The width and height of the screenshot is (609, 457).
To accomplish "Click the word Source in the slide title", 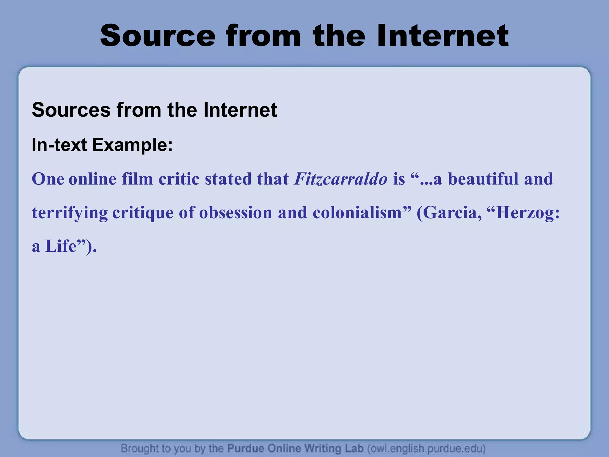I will click(x=158, y=36).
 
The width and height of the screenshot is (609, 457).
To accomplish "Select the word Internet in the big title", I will click(x=443, y=36).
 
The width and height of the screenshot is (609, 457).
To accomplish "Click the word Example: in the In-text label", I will click(x=132, y=145).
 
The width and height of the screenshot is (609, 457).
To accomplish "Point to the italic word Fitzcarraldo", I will click(x=341, y=179).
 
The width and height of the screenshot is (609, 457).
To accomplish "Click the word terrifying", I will click(x=70, y=213).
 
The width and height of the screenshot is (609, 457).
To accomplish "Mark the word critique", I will click(x=143, y=213).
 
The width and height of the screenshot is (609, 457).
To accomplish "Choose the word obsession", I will click(x=236, y=213).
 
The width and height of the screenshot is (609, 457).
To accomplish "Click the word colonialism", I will click(x=357, y=213).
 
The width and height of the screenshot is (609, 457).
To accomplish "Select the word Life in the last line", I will click(x=61, y=246).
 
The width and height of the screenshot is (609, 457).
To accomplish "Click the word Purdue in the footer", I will click(x=246, y=448).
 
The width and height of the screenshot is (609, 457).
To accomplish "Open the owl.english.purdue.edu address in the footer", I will click(x=426, y=448).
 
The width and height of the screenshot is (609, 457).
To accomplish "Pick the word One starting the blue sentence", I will click(x=48, y=179).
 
